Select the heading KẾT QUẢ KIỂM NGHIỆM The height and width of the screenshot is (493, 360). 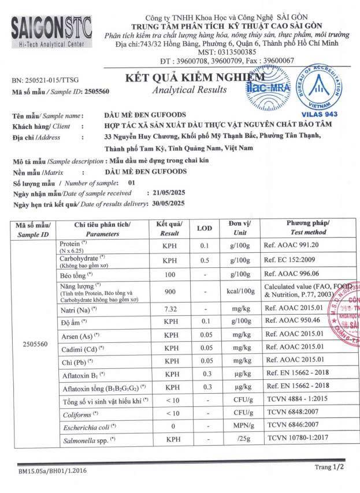click(195, 77)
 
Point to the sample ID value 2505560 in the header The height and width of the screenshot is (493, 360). click(97, 91)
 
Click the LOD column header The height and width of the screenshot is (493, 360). click(205, 228)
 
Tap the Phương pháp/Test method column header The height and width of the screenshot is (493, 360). click(308, 227)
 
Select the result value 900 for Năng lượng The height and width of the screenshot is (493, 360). click(170, 292)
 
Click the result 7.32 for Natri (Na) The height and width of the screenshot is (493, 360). click(170, 309)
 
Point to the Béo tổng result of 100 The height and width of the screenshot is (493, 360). click(170, 274)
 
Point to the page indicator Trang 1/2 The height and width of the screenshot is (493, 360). click(329, 467)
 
